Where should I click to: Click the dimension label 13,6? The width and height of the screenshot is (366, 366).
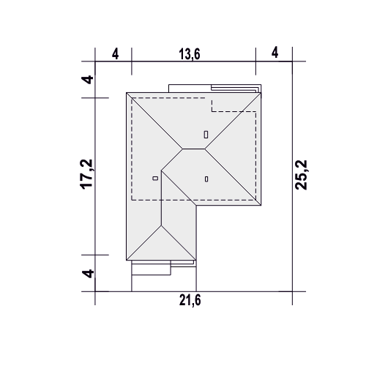pyautogui.click(x=190, y=54)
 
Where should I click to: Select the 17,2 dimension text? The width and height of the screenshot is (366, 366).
pyautogui.click(x=86, y=174)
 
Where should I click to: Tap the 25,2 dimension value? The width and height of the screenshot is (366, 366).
pyautogui.click(x=301, y=175)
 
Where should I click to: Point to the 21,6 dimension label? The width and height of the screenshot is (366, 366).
pyautogui.click(x=190, y=300)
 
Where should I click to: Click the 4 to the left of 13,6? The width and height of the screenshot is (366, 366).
pyautogui.click(x=116, y=54)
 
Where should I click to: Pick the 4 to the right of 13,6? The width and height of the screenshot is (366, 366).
pyautogui.click(x=275, y=53)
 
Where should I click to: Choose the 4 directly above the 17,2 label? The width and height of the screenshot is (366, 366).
pyautogui.click(x=87, y=80)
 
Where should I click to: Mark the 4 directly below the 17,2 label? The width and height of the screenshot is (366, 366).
pyautogui.click(x=88, y=273)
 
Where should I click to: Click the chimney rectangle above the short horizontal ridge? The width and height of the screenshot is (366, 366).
pyautogui.click(x=206, y=135)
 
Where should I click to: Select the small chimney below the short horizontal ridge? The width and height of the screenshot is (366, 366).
pyautogui.click(x=206, y=179)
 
